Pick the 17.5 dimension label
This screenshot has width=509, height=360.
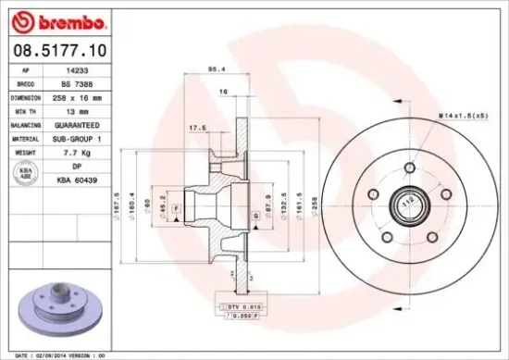point(197,129)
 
